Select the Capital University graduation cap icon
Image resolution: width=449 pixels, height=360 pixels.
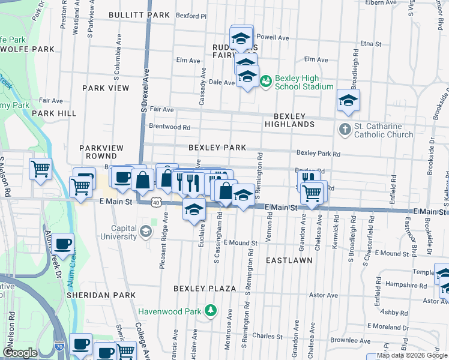point(145,232)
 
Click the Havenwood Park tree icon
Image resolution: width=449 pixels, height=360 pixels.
point(210,311)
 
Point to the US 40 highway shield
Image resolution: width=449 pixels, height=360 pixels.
point(155,203)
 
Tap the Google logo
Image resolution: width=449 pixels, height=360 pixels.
point(20,353)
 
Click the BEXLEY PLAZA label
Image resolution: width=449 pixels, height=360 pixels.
point(205,289)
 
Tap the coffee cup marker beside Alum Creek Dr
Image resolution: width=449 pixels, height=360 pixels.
point(62,244)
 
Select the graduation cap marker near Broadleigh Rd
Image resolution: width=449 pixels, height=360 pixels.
point(348,101)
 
